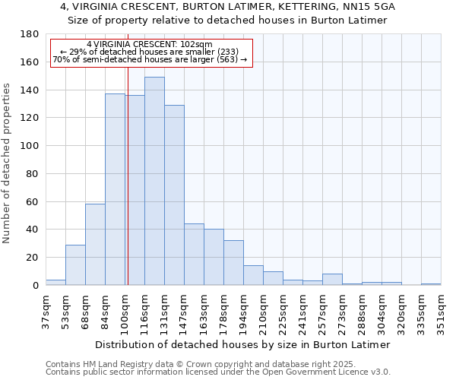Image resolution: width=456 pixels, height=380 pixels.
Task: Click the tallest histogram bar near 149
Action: coord(154,181)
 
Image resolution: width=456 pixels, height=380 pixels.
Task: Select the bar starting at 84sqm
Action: coord(115,189)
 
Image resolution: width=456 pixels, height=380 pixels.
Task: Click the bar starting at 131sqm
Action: coord(174,195)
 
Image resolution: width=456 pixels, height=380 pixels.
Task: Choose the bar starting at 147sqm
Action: coord(194,254)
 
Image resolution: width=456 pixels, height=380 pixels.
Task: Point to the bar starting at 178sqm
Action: coord(233,262)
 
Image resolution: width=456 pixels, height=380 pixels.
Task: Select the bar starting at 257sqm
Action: coord(332,279)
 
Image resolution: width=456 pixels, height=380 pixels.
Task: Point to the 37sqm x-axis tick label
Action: coord(46,309)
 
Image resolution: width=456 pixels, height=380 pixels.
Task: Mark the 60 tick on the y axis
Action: coord(32,201)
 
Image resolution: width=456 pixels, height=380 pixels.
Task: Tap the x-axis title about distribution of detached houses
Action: coord(243,344)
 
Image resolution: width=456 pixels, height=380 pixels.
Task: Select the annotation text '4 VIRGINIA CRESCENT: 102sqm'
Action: coord(150,45)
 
